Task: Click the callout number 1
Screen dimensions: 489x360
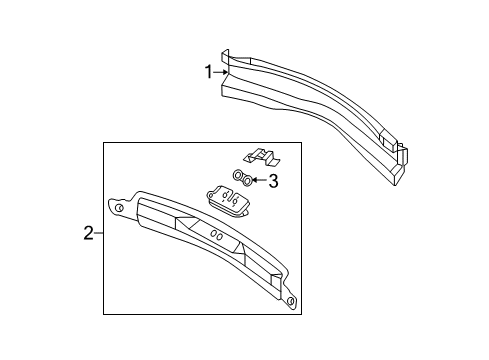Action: click(x=209, y=72)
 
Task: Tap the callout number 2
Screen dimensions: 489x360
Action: click(x=88, y=234)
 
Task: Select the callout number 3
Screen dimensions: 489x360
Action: click(x=272, y=181)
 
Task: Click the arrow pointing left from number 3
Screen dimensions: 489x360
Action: click(x=256, y=181)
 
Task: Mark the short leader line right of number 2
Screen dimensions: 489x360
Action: click(x=99, y=234)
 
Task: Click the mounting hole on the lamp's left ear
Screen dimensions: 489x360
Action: click(x=119, y=208)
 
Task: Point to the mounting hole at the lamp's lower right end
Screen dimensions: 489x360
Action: click(x=290, y=300)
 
